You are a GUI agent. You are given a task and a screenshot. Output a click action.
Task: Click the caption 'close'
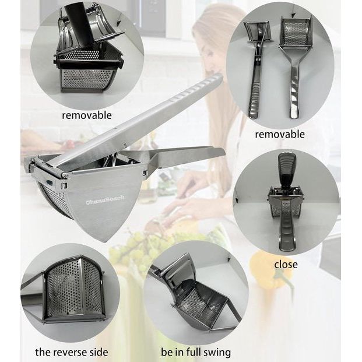tap(286, 264)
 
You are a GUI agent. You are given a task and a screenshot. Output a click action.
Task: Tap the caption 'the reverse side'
tap(72, 352)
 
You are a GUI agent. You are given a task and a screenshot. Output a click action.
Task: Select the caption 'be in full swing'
tap(196, 353)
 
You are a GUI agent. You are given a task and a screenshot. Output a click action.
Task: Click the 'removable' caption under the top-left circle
tap(87, 115)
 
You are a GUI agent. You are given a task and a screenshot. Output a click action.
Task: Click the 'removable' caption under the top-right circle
tap(280, 134)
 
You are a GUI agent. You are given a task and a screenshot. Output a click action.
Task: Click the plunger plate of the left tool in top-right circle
tap(257, 31)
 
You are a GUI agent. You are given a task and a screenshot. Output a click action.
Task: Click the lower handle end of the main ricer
tap(217, 153)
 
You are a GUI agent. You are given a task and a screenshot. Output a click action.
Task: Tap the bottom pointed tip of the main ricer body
tap(104, 241)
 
